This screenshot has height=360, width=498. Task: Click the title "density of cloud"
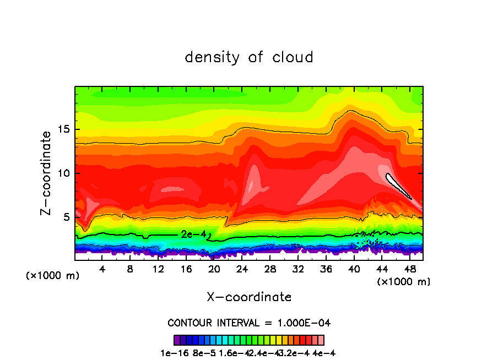tap(249, 57)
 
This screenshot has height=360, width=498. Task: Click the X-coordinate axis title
tap(249, 297)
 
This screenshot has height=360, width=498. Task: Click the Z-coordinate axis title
tap(47, 173)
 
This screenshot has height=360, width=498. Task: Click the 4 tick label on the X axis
tap(102, 269)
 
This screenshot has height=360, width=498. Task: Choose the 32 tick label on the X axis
tap(298, 269)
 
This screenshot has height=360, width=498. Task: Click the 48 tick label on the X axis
tap(409, 269)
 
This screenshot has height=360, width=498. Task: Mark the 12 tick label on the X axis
tap(158, 269)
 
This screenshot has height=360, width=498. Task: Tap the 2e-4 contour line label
tap(193, 234)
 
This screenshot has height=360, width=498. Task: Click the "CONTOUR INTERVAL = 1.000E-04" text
tap(249, 323)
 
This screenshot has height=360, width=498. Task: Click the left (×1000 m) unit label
tap(53, 276)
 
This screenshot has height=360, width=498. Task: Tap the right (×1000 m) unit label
tap(404, 281)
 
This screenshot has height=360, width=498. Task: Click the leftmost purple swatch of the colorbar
tap(177, 340)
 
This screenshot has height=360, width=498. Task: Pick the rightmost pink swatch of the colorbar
tap(321, 340)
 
